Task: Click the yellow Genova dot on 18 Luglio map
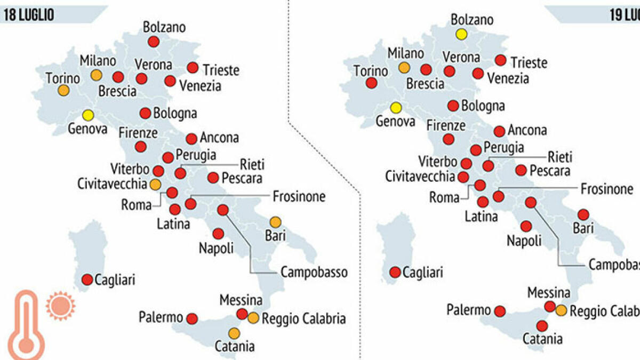click(88, 115)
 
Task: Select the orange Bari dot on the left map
click(275, 222)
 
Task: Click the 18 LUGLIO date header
click(30, 14)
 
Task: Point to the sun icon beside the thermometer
click(60, 305)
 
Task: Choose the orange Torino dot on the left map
click(63, 91)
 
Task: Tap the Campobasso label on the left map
click(314, 273)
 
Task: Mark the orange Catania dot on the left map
click(234, 333)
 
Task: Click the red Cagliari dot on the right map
click(395, 272)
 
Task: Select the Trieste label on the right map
click(529, 62)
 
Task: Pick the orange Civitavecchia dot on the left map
click(155, 185)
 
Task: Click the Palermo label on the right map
click(468, 310)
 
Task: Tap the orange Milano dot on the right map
click(404, 68)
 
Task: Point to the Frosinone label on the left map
click(299, 196)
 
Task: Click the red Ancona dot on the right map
click(499, 131)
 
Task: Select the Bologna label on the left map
click(175, 114)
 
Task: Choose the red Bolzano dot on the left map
click(154, 42)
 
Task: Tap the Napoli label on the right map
click(524, 241)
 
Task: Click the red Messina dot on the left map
click(242, 314)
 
